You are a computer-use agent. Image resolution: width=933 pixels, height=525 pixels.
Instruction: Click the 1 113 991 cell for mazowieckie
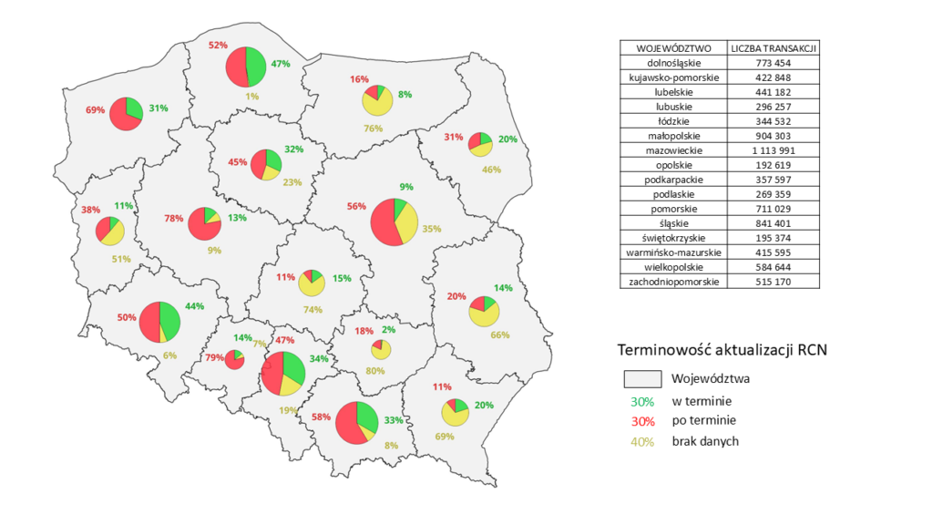(x=773, y=150)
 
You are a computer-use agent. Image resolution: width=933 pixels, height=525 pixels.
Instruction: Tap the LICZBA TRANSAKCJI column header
(x=773, y=47)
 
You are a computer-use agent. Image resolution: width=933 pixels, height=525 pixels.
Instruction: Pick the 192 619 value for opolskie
(x=773, y=165)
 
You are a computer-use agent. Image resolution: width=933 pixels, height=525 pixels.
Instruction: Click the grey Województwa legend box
(x=642, y=378)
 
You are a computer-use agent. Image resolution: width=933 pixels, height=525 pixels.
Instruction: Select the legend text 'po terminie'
(x=703, y=421)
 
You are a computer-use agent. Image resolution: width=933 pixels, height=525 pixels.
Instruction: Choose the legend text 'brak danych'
(x=704, y=441)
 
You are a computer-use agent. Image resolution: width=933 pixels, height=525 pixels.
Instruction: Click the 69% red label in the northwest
(x=96, y=110)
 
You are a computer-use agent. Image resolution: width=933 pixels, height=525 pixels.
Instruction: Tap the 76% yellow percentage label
(x=373, y=129)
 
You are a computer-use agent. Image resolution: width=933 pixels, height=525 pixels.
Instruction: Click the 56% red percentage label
(x=356, y=206)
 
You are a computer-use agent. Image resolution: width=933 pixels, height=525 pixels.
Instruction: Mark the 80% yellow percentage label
(x=374, y=371)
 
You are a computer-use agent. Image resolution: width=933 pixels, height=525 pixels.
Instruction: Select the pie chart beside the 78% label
(x=205, y=223)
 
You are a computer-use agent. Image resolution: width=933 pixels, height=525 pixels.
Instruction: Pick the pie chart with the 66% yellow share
(x=484, y=313)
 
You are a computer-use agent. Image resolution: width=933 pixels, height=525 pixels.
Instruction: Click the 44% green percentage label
(x=194, y=307)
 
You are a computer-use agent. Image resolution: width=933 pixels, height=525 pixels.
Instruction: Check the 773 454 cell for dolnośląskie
(x=773, y=63)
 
